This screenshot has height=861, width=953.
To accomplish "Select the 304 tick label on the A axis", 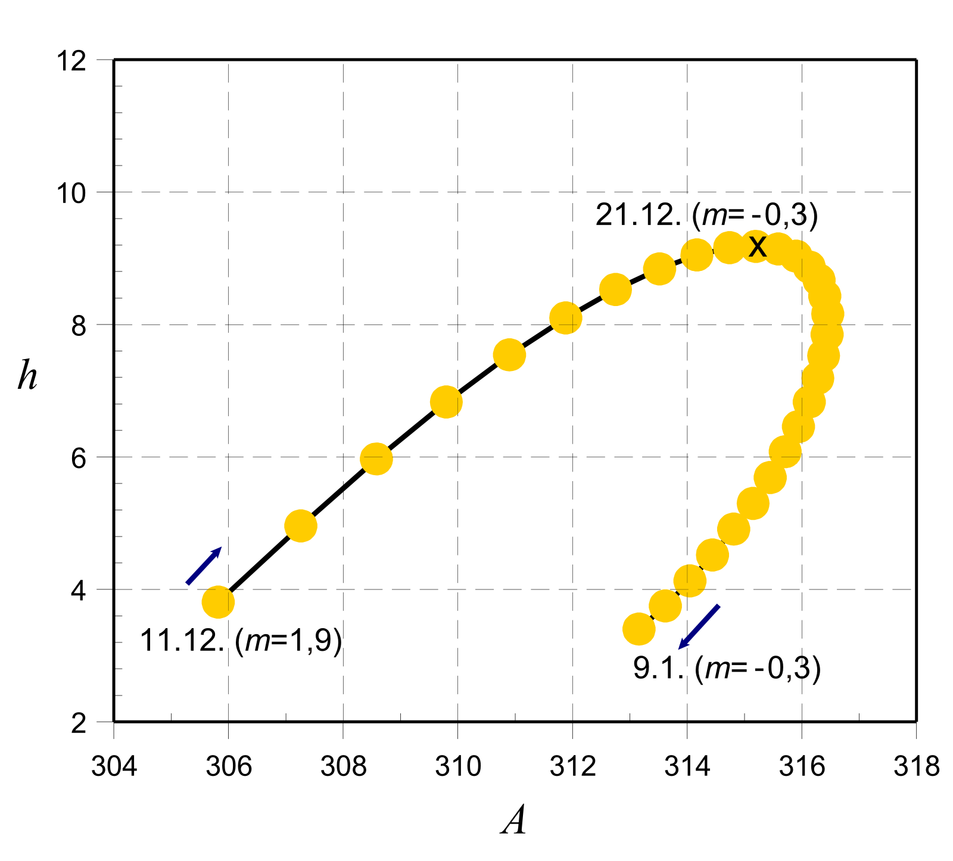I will pyautogui.click(x=114, y=766).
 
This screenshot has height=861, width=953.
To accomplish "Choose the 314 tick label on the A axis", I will pyautogui.click(x=687, y=766).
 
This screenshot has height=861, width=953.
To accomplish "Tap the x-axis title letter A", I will pyautogui.click(x=514, y=822).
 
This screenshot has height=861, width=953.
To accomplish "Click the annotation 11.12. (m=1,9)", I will pyautogui.click(x=241, y=641).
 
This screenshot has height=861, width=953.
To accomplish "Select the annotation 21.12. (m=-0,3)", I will pyautogui.click(x=706, y=215).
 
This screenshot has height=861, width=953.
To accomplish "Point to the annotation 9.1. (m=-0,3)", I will pyautogui.click(x=727, y=669).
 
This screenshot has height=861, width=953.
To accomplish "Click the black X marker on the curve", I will pyautogui.click(x=757, y=245).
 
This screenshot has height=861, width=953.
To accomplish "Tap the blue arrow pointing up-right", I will pyautogui.click(x=204, y=566).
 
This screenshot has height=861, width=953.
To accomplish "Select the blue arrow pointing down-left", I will pyautogui.click(x=699, y=626).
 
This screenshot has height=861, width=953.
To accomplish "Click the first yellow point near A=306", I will pyautogui.click(x=218, y=602).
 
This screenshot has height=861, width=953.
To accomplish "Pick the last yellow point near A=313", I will pyautogui.click(x=639, y=629).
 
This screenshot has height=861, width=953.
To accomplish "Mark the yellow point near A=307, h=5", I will pyautogui.click(x=301, y=526).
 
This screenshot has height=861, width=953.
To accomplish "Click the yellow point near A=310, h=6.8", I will pyautogui.click(x=446, y=402).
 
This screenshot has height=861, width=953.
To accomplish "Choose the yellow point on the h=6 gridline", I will pyautogui.click(x=376, y=458).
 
